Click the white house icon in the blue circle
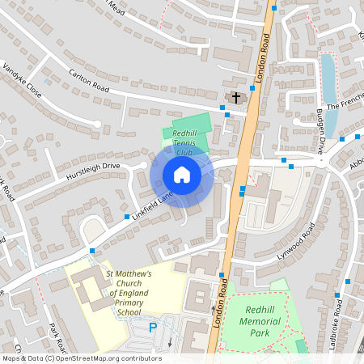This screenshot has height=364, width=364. click(x=182, y=174)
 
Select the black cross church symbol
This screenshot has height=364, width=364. click(x=236, y=98)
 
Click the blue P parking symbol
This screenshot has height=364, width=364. click(x=154, y=328)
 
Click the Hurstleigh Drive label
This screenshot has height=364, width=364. click(x=93, y=171)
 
